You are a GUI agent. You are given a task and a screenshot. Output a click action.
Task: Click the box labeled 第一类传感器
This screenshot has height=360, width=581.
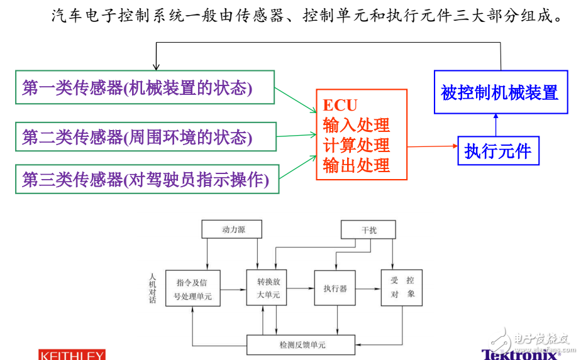click(x=145, y=87)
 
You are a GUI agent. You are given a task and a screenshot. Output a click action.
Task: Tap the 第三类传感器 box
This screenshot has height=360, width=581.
click(x=147, y=179)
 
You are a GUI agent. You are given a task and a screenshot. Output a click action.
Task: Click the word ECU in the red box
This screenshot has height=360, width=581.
click(x=340, y=105)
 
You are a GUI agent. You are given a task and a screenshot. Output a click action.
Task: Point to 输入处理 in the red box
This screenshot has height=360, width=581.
click(x=357, y=124)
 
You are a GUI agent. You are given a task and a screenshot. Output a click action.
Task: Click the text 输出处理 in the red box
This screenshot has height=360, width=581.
click(x=357, y=165)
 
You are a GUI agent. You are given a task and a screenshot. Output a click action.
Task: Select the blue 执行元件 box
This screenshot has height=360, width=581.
click(x=498, y=151)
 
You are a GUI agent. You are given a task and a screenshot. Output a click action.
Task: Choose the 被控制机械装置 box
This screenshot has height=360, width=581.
click(x=500, y=92)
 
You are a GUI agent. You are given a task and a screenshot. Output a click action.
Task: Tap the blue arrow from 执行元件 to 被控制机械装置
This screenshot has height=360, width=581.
click(x=495, y=124)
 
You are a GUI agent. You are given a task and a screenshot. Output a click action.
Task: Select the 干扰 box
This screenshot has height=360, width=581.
click(x=368, y=230)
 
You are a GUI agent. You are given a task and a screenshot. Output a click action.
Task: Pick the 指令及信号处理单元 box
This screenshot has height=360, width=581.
click(x=193, y=288)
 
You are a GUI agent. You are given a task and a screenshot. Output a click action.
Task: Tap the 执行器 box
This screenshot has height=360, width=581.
click(x=335, y=288)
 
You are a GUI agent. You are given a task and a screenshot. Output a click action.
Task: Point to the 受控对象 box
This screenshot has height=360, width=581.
click(x=402, y=288)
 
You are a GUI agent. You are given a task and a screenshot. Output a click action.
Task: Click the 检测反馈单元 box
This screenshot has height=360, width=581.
click(x=302, y=345)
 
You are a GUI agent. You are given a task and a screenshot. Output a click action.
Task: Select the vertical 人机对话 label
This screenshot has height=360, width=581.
click(x=152, y=288)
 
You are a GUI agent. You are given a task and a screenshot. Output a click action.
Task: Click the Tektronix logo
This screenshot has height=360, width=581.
click(x=520, y=354)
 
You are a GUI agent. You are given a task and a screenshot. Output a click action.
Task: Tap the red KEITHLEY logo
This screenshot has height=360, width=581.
click(x=72, y=356)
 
